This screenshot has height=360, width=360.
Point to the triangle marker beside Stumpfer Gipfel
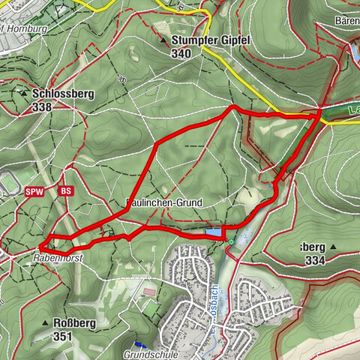(x=163, y=40)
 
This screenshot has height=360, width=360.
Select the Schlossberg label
(x=62, y=94)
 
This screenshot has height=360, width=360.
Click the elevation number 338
(x=43, y=106)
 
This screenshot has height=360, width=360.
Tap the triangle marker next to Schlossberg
(x=23, y=94)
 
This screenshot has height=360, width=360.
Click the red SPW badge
(x=33, y=191)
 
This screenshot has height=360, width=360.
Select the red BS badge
(x=65, y=191)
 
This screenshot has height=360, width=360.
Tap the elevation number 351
(x=62, y=337)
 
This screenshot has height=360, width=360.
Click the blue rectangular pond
(x=214, y=233)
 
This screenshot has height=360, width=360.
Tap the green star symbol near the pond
(x=230, y=241)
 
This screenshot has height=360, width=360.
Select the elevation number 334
(x=316, y=260)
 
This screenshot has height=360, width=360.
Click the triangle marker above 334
(x=332, y=247)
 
